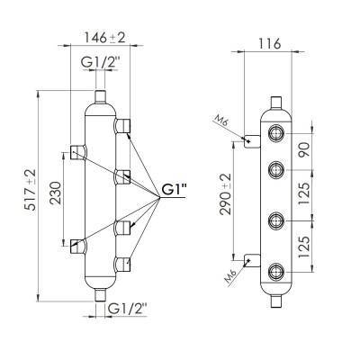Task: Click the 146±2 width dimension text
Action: (104, 38)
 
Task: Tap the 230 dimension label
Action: (56, 193)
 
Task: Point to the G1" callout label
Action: (174, 190)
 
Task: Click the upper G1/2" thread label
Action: (100, 62)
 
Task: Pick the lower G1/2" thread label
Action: (128, 309)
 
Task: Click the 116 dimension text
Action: (268, 44)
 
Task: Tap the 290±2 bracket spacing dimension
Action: (226, 194)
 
